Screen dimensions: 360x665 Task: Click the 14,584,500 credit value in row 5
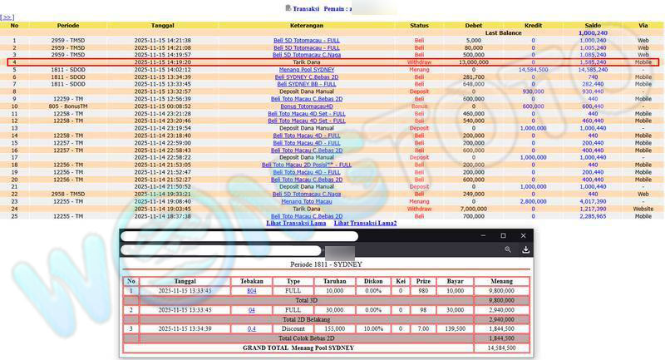[x=533, y=70]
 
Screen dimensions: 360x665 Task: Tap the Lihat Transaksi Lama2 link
[x=365, y=223]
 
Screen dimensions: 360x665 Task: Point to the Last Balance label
[x=503, y=32]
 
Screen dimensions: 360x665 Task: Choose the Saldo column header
[x=593, y=26]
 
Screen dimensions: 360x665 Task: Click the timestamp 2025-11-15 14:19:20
[x=162, y=62]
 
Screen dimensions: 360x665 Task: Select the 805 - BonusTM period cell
[x=68, y=106]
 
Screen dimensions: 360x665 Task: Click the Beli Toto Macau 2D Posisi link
[x=307, y=165]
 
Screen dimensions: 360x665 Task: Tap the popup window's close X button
[x=524, y=236]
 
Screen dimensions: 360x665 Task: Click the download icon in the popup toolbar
[x=525, y=249]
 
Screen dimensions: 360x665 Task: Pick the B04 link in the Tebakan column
[x=251, y=292]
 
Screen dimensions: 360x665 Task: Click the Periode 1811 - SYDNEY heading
[x=326, y=264]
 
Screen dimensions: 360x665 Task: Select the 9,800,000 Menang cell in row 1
[x=502, y=292]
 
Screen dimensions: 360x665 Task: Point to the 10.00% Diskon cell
[x=373, y=328]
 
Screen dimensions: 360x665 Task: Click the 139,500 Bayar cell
[x=455, y=328]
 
